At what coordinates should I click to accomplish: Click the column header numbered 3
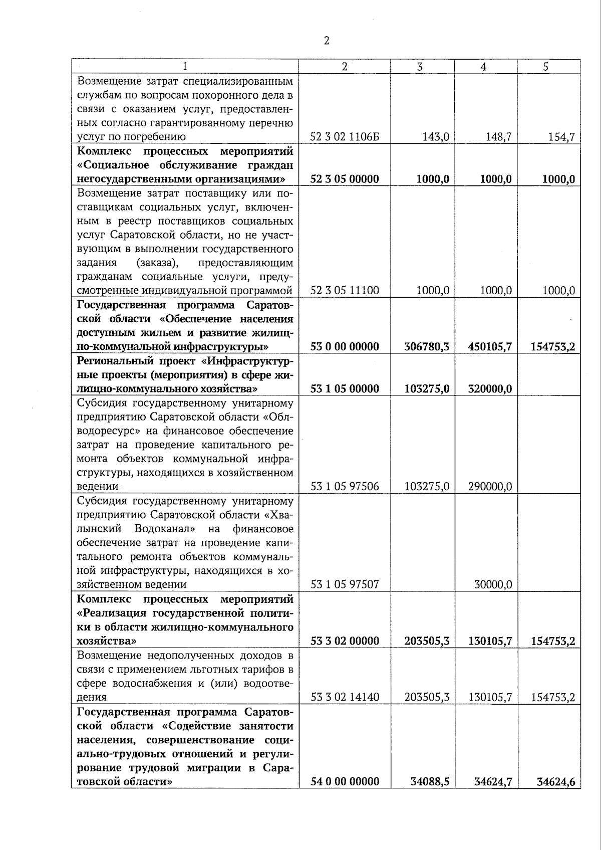tap(420, 67)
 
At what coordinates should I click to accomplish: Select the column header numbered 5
tap(546, 67)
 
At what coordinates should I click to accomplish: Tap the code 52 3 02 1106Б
tap(345, 137)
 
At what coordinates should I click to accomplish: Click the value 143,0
tap(435, 137)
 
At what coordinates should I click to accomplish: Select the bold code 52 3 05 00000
tap(345, 179)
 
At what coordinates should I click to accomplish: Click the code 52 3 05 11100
tap(345, 291)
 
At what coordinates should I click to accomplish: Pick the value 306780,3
tap(426, 347)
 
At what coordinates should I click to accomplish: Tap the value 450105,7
tap(490, 347)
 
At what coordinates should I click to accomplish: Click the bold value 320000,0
tap(490, 389)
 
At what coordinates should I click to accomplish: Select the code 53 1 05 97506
tap(345, 487)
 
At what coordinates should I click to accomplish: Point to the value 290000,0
tap(490, 487)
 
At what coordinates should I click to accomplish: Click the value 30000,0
tap(493, 584)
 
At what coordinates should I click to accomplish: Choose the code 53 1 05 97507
tap(345, 584)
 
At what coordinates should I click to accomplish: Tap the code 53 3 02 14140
tap(345, 697)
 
